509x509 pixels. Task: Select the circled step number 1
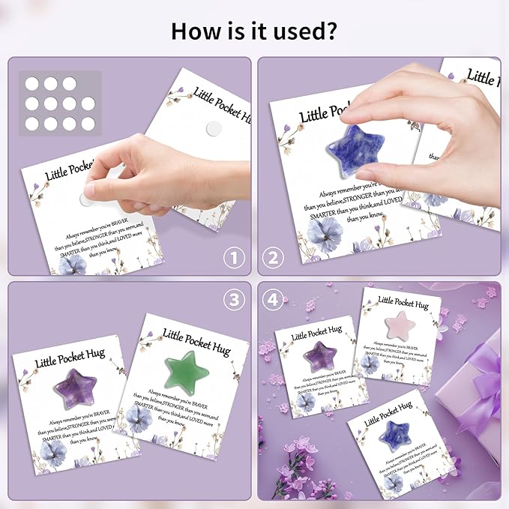pyautogui.click(x=235, y=259)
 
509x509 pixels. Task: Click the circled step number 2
pyautogui.click(x=273, y=259)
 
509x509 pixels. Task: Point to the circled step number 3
pyautogui.click(x=235, y=299)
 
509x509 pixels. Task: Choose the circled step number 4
pyautogui.click(x=273, y=299)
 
